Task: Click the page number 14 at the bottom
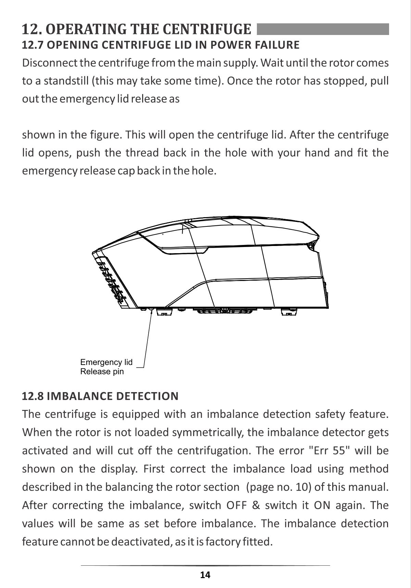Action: (205, 575)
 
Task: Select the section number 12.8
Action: (33, 396)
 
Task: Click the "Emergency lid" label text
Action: (107, 363)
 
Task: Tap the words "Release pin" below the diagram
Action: (102, 372)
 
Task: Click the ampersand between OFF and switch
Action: (256, 505)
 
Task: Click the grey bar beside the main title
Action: (323, 29)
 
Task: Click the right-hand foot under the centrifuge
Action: (289, 312)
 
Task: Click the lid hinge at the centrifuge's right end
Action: (311, 246)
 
